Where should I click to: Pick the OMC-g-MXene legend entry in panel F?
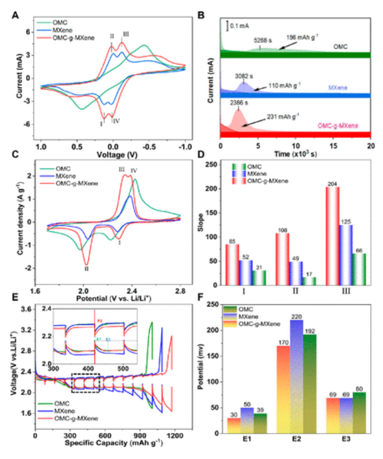point(262,324)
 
